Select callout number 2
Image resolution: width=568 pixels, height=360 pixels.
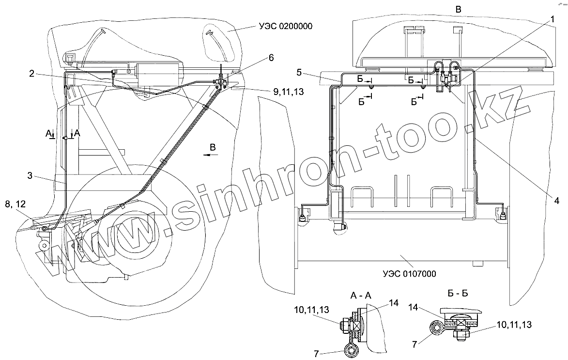pos(31,74)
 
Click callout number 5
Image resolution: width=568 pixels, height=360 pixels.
pos(300,72)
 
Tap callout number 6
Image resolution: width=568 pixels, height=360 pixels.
pos(271,58)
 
